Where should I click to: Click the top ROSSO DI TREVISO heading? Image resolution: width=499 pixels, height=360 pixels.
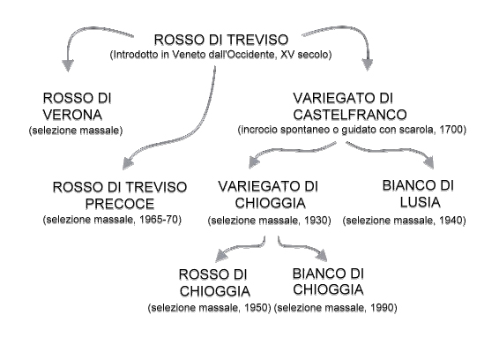[x=221, y=40]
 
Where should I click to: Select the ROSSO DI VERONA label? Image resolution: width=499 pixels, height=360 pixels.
[x=77, y=107]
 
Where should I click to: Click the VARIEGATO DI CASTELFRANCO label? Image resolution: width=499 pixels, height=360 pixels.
[x=350, y=106]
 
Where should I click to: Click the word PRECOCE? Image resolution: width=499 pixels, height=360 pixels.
[x=120, y=204]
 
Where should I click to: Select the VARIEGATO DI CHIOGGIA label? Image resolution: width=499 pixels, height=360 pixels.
[x=268, y=195]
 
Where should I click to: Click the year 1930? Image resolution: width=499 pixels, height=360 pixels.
[x=316, y=220]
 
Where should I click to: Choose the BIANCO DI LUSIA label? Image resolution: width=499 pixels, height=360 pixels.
[x=418, y=194]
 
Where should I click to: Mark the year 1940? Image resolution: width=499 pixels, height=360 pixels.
[x=451, y=220]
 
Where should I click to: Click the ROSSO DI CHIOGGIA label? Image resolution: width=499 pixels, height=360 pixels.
[x=214, y=283]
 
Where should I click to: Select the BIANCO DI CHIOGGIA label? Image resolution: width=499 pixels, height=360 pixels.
[x=328, y=281]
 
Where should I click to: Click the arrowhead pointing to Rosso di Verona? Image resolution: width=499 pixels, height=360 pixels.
[x=68, y=65]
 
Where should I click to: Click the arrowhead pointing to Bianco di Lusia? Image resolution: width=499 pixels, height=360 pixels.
[x=429, y=162]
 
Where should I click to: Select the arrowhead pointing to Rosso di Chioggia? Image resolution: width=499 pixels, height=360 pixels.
[x=222, y=255]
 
